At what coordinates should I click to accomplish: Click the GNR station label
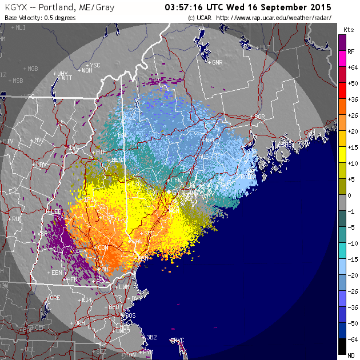click(217, 62)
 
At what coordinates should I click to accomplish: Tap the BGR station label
click(260, 117)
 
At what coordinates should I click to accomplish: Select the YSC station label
click(95, 65)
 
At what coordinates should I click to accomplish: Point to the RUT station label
click(17, 219)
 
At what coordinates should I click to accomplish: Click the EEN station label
click(57, 273)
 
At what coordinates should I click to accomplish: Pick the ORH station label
click(79, 323)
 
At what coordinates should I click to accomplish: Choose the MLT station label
click(265, 48)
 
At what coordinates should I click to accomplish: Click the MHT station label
click(106, 269)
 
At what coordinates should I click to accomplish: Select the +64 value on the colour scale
click(352, 67)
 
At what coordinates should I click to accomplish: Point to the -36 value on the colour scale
click(352, 307)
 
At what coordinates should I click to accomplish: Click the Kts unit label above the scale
click(349, 29)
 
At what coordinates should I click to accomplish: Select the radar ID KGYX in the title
click(15, 8)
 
